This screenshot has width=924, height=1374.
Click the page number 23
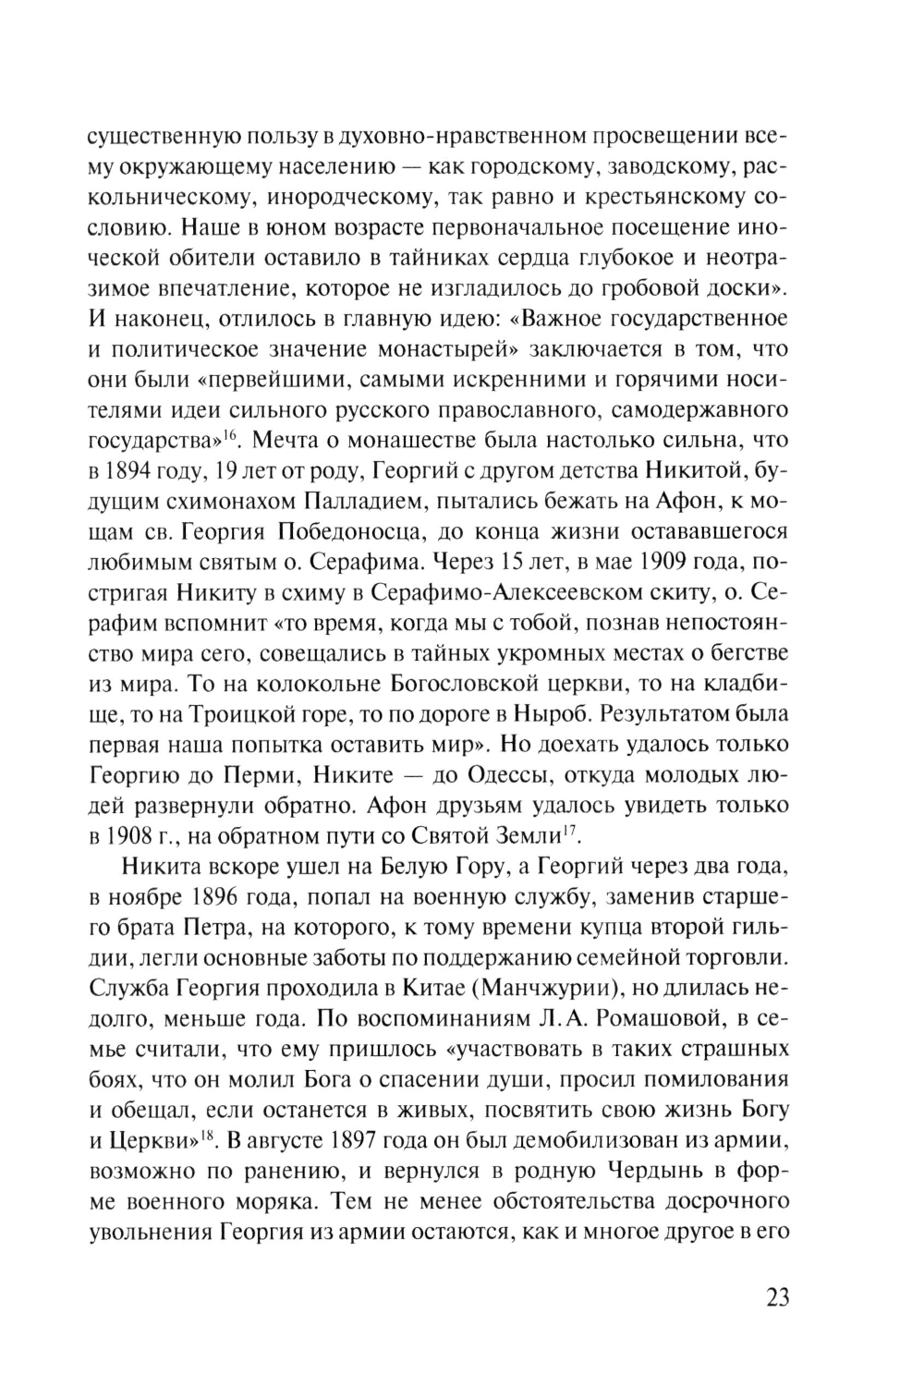pos(777,1296)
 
